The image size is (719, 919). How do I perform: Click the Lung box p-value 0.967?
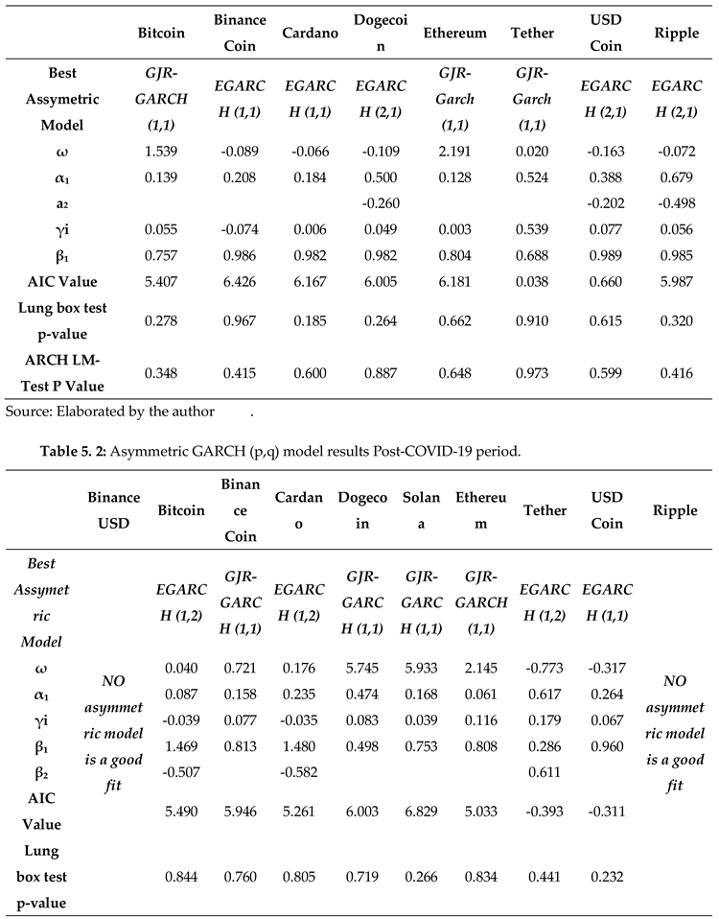click(x=240, y=319)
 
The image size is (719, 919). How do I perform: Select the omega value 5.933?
click(x=421, y=662)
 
